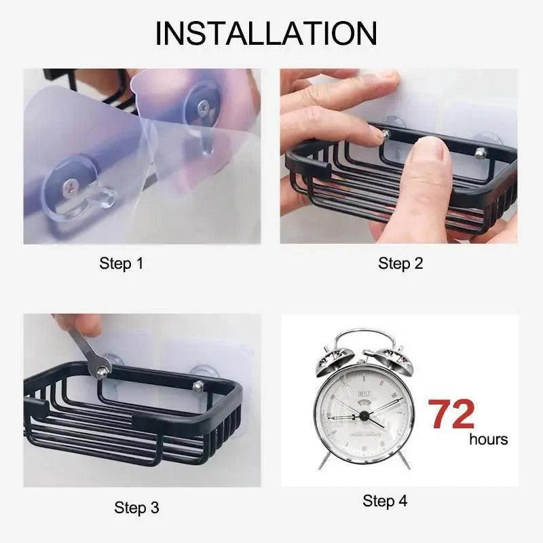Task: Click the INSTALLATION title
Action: coord(266,34)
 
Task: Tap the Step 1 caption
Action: coord(121,263)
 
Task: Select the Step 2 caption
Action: coord(400,263)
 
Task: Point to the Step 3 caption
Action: coord(136,507)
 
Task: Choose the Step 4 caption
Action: coord(385,501)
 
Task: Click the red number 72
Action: coord(451,415)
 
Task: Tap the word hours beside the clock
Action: coord(488,440)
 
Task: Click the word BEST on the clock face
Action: coord(364,394)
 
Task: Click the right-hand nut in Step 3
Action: coord(198,386)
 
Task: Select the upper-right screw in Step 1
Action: coord(204,107)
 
